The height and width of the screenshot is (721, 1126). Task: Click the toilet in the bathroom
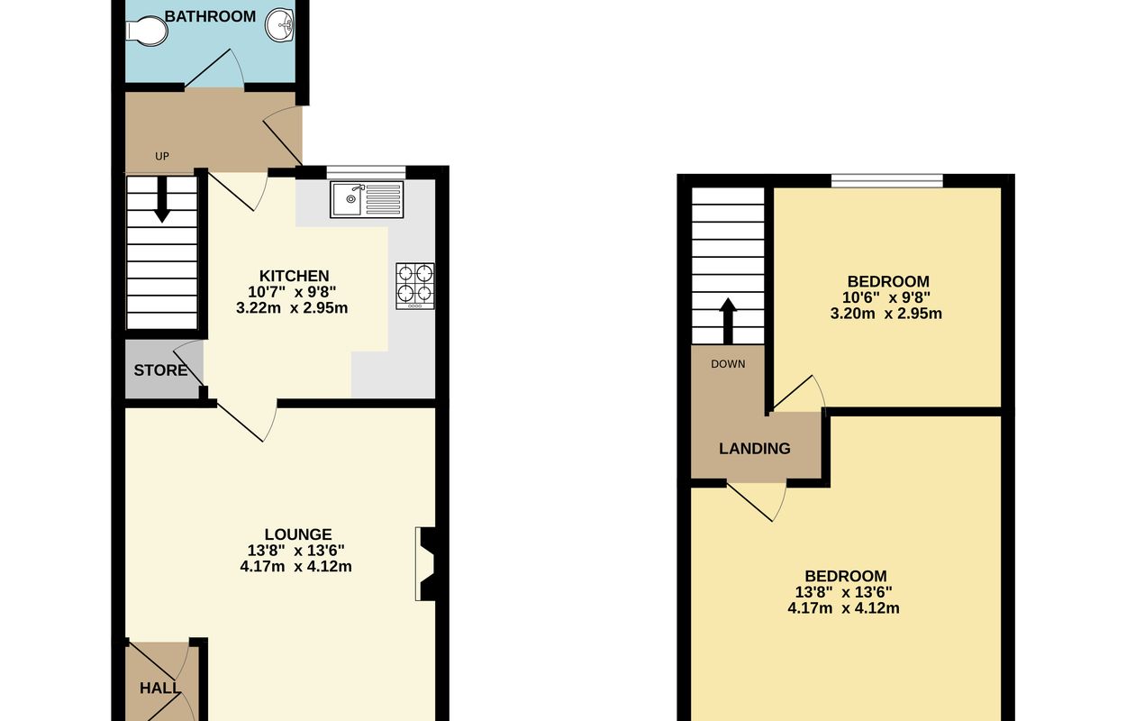(146, 30)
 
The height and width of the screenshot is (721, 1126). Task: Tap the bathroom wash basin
(280, 25)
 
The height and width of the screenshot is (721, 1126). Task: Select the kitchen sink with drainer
(367, 199)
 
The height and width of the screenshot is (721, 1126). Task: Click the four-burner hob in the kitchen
(415, 286)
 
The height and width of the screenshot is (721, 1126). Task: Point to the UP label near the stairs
(162, 157)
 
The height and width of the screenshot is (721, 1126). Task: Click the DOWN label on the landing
(728, 364)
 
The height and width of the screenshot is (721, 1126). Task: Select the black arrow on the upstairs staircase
(728, 321)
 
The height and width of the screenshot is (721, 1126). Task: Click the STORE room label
(160, 370)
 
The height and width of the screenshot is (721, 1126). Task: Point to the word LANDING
(755, 449)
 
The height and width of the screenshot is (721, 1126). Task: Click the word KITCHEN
(294, 276)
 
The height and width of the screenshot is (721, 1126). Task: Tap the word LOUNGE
(298, 534)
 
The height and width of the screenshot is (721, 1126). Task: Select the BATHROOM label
(210, 16)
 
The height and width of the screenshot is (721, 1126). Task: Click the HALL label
(159, 688)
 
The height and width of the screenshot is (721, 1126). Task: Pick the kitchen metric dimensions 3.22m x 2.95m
(292, 307)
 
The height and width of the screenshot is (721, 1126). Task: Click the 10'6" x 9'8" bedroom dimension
(886, 297)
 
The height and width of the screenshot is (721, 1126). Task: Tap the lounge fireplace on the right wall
(425, 563)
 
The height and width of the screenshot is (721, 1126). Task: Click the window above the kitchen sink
(366, 172)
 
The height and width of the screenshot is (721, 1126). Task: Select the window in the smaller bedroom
(887, 180)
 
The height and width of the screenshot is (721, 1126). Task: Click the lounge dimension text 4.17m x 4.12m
(296, 567)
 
